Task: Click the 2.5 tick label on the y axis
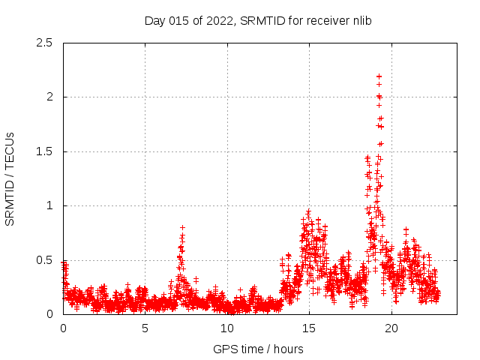(44, 43)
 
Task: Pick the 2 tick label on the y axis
(49, 97)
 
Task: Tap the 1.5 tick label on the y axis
(44, 151)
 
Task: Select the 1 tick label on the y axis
(49, 205)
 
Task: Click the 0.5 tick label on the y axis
(44, 260)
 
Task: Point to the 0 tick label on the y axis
(49, 314)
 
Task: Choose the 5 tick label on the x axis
(145, 328)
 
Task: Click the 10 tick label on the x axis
(227, 328)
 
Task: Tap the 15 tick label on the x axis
(309, 328)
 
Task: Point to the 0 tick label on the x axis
(63, 328)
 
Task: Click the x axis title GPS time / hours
(257, 349)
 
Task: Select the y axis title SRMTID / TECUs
(10, 178)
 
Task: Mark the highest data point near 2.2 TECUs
(379, 76)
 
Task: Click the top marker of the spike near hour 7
(182, 227)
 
